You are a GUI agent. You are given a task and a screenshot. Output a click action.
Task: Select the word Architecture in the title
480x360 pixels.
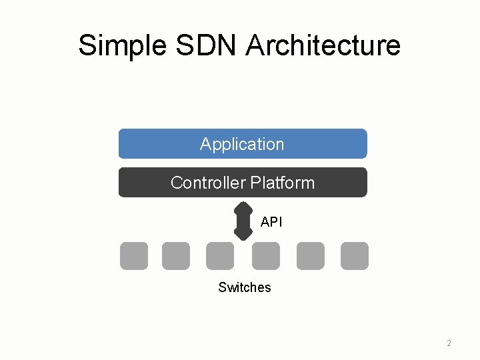click(323, 45)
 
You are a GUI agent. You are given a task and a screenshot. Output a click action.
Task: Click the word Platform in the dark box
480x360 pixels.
click(283, 183)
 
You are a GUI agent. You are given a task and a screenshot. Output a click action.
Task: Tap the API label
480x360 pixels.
click(271, 222)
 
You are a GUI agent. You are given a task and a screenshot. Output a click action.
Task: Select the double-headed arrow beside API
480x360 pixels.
click(243, 219)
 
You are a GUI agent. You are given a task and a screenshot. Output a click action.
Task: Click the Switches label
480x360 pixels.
click(245, 287)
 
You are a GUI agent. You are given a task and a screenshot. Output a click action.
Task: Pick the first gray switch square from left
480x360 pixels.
click(133, 256)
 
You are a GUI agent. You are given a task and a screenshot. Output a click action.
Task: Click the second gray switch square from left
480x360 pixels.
click(176, 256)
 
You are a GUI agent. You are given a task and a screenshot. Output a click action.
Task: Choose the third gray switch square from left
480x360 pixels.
click(220, 256)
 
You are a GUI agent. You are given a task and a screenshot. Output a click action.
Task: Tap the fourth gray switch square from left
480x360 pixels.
click(266, 256)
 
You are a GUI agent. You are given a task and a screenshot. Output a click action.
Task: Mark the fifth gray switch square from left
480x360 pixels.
click(311, 256)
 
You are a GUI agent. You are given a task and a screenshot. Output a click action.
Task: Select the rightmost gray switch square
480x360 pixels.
click(354, 256)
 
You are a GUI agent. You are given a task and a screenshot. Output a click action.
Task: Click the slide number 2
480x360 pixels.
click(449, 343)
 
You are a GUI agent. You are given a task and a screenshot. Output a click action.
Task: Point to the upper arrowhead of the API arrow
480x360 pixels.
click(243, 205)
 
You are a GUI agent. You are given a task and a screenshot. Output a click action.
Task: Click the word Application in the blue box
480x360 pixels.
click(242, 144)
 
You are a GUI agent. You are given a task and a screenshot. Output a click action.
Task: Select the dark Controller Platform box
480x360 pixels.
click(347, 183)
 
